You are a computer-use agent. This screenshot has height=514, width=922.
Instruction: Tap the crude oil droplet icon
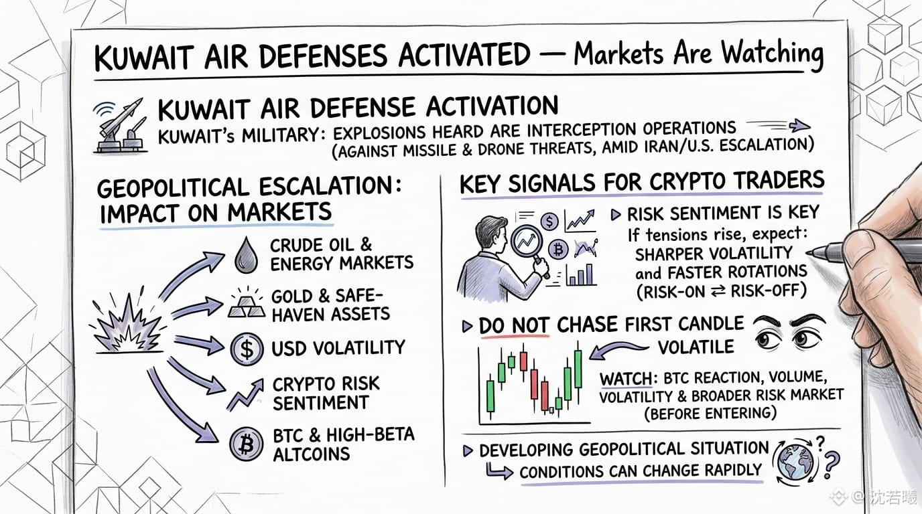(246, 255)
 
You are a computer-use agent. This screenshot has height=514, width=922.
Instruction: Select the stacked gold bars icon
(247, 305)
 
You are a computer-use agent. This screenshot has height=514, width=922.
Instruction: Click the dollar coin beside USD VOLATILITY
(247, 349)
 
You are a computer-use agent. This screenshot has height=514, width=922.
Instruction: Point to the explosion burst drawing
(127, 325)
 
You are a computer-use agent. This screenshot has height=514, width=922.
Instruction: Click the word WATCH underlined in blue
(626, 378)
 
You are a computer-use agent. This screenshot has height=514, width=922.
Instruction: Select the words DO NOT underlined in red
(514, 326)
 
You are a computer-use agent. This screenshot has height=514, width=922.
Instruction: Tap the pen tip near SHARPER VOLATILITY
(807, 253)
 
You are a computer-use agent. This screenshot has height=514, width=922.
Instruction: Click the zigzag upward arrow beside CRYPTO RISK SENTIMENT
(245, 395)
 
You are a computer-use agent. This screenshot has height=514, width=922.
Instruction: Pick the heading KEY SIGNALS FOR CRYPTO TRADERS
(642, 183)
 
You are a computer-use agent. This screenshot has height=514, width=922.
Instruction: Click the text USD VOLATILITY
(338, 348)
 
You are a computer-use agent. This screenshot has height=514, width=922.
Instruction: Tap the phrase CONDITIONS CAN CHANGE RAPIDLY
(641, 470)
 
